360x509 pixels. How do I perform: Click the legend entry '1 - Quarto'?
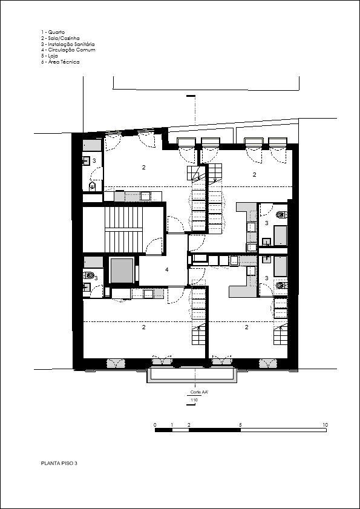(53, 32)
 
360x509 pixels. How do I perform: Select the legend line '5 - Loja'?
(50, 56)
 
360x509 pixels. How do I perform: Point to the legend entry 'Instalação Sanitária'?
(71, 44)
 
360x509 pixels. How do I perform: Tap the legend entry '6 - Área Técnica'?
(60, 61)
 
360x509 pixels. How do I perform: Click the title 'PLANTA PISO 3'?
(59, 463)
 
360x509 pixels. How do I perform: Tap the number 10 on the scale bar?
(326, 425)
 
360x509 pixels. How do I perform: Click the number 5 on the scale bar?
(240, 425)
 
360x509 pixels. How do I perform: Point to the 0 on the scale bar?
(155, 425)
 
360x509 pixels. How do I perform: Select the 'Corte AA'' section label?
(196, 392)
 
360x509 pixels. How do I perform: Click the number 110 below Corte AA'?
(194, 400)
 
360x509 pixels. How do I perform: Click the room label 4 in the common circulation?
(167, 269)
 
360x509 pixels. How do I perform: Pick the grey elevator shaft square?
(122, 271)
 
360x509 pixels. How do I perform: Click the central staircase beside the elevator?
(123, 229)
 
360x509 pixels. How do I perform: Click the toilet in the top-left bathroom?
(92, 186)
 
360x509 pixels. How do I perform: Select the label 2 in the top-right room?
(255, 174)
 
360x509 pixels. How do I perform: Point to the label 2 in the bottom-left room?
(143, 327)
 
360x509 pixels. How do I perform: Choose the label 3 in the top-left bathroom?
(94, 160)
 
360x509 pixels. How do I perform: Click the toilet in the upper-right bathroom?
(281, 214)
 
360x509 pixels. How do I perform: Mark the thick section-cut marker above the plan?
(191, 96)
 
